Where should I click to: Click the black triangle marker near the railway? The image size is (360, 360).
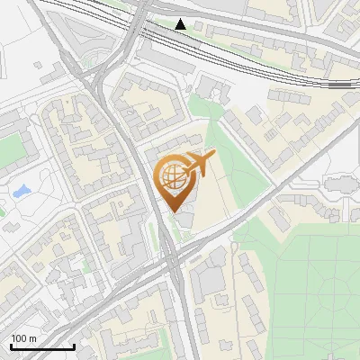click(x=181, y=24)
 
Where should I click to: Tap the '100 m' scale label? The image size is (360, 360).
click(x=22, y=337)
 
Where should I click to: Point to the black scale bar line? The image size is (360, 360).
click(x=41, y=346)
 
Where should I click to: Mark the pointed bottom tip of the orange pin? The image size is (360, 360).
click(x=173, y=212)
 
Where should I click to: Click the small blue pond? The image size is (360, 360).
click(x=20, y=192)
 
